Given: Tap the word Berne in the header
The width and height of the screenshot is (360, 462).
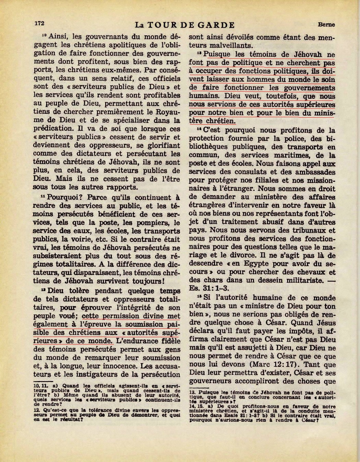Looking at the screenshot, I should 326,25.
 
